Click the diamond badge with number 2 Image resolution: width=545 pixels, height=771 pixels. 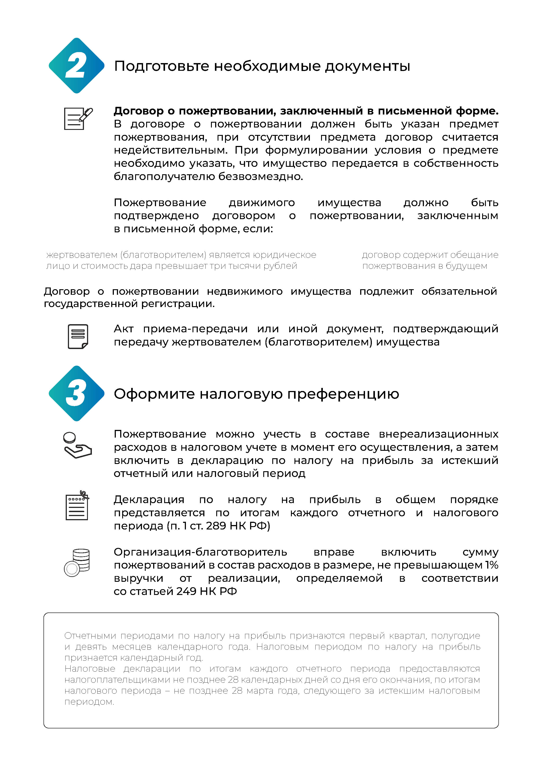click(x=76, y=65)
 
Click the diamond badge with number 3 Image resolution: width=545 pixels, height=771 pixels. click(x=76, y=393)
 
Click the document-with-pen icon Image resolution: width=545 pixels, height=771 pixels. click(x=78, y=118)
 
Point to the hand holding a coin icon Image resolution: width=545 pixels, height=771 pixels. click(x=77, y=445)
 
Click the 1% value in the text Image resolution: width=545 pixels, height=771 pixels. click(x=491, y=565)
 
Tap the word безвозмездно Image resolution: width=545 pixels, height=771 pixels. click(x=261, y=176)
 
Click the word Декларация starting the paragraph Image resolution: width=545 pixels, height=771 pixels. click(x=149, y=499)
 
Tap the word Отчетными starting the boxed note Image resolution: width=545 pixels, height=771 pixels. click(x=90, y=636)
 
